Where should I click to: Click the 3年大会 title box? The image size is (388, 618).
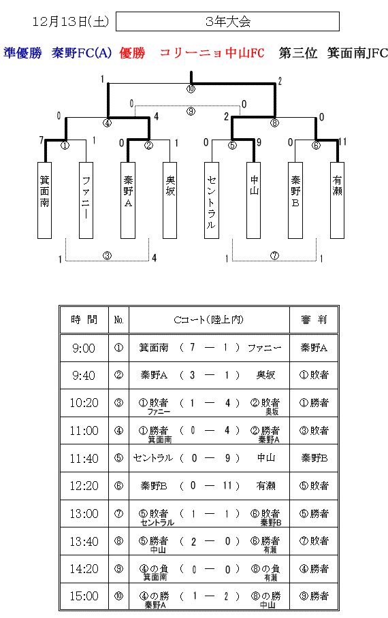[227, 21]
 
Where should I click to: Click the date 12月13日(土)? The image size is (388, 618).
[71, 21]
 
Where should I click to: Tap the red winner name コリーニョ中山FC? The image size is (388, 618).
[212, 53]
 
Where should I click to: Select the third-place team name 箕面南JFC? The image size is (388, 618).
[357, 53]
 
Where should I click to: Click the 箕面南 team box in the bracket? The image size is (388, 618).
[44, 200]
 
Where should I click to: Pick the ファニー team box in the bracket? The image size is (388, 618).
[86, 200]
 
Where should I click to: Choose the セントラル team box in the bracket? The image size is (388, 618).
[211, 200]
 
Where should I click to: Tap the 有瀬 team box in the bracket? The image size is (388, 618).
[337, 200]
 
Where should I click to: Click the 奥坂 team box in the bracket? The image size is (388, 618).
[170, 200]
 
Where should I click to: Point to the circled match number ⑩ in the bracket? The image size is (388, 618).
[191, 89]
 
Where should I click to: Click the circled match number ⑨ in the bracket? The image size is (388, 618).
[191, 112]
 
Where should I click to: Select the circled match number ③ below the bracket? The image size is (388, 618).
[108, 256]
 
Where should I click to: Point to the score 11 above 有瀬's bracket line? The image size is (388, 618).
[342, 142]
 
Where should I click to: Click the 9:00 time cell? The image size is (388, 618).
[84, 348]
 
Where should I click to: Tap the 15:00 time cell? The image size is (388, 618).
[84, 596]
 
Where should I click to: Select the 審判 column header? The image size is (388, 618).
[314, 320]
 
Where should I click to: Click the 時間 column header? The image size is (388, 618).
[84, 320]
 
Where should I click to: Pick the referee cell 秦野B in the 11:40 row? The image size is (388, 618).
[314, 458]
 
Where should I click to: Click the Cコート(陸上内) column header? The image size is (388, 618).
[209, 320]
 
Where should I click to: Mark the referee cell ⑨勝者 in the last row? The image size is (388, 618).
[314, 596]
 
